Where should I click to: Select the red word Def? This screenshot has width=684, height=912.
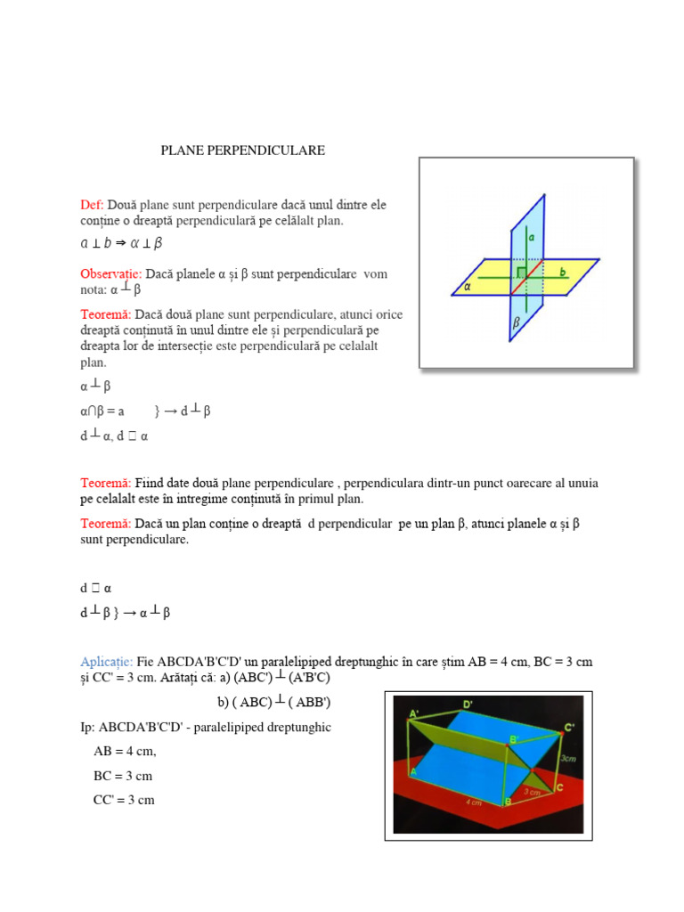click(93, 206)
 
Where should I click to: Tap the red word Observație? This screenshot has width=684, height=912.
click(111, 274)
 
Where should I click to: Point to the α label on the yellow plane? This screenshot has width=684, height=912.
click(468, 287)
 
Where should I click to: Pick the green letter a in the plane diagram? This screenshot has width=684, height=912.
click(531, 239)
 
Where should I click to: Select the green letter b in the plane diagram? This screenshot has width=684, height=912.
click(564, 270)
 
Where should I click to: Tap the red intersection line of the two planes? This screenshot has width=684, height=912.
click(526, 276)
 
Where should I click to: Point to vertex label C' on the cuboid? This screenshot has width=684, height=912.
click(570, 728)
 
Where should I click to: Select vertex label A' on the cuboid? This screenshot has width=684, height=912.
click(414, 714)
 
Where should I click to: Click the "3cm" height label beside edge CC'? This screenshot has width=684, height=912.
click(567, 758)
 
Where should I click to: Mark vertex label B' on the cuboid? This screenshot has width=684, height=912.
click(514, 740)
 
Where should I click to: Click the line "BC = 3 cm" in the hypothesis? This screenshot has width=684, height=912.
click(123, 776)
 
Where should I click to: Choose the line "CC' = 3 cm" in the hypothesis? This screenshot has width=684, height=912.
click(124, 800)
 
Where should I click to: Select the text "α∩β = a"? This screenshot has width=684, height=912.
click(102, 411)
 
